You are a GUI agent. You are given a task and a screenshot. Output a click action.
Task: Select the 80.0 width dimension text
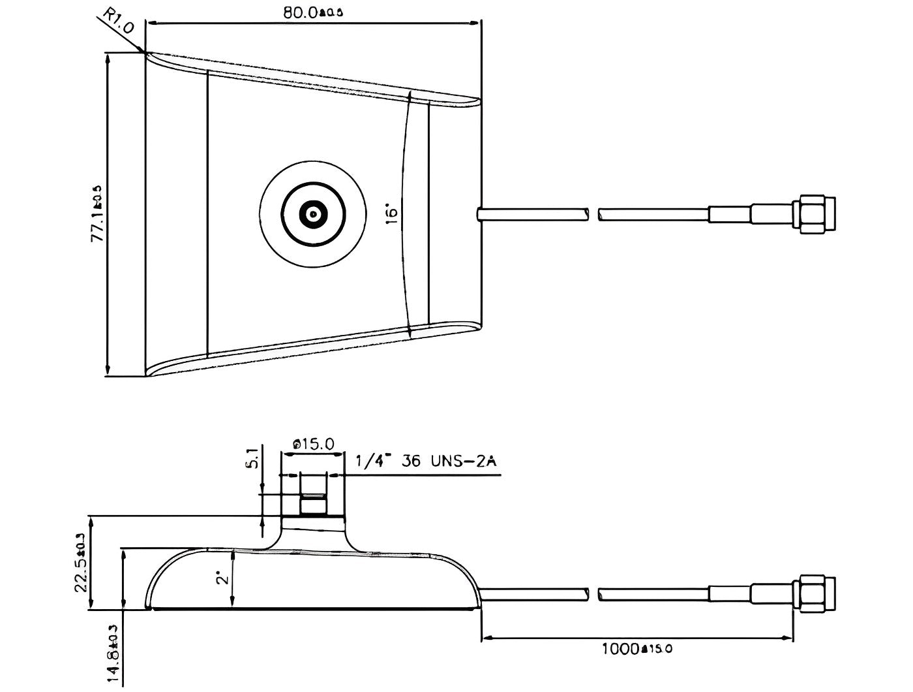pos(312,13)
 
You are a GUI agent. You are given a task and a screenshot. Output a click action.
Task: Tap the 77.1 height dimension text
pos(97,214)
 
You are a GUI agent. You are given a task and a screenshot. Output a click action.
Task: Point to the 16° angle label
pos(391,215)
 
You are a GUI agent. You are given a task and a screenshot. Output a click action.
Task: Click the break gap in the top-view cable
pos(593,214)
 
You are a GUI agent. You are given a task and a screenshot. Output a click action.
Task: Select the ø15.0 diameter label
pos(314,445)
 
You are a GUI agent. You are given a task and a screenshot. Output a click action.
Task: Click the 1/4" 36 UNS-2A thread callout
pos(426,462)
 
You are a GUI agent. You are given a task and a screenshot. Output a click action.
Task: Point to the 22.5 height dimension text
pos(81,565)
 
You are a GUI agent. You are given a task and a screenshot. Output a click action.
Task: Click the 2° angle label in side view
pos(223,578)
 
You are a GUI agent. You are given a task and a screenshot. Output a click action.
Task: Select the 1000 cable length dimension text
pos(636,649)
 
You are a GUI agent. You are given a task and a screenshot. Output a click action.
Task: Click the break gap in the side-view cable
pos(593,595)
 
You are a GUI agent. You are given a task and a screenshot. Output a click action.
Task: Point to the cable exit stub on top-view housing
pos(480,214)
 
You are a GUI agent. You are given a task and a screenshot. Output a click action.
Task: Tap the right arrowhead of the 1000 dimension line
pos(788,637)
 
